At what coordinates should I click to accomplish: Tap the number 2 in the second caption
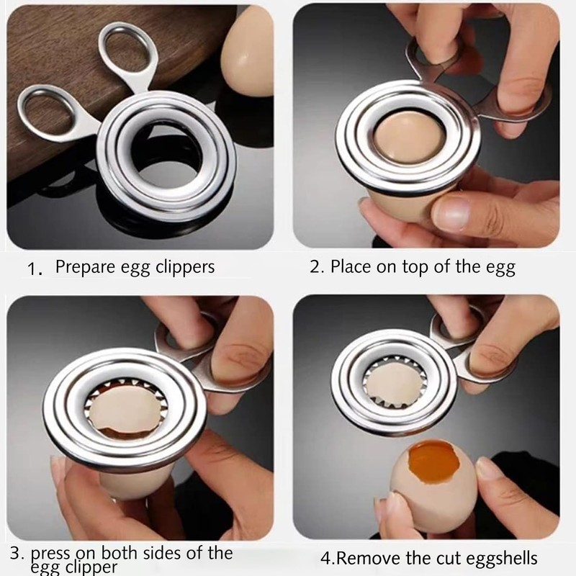pos(315,267)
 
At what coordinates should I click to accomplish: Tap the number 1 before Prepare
pos(32,269)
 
